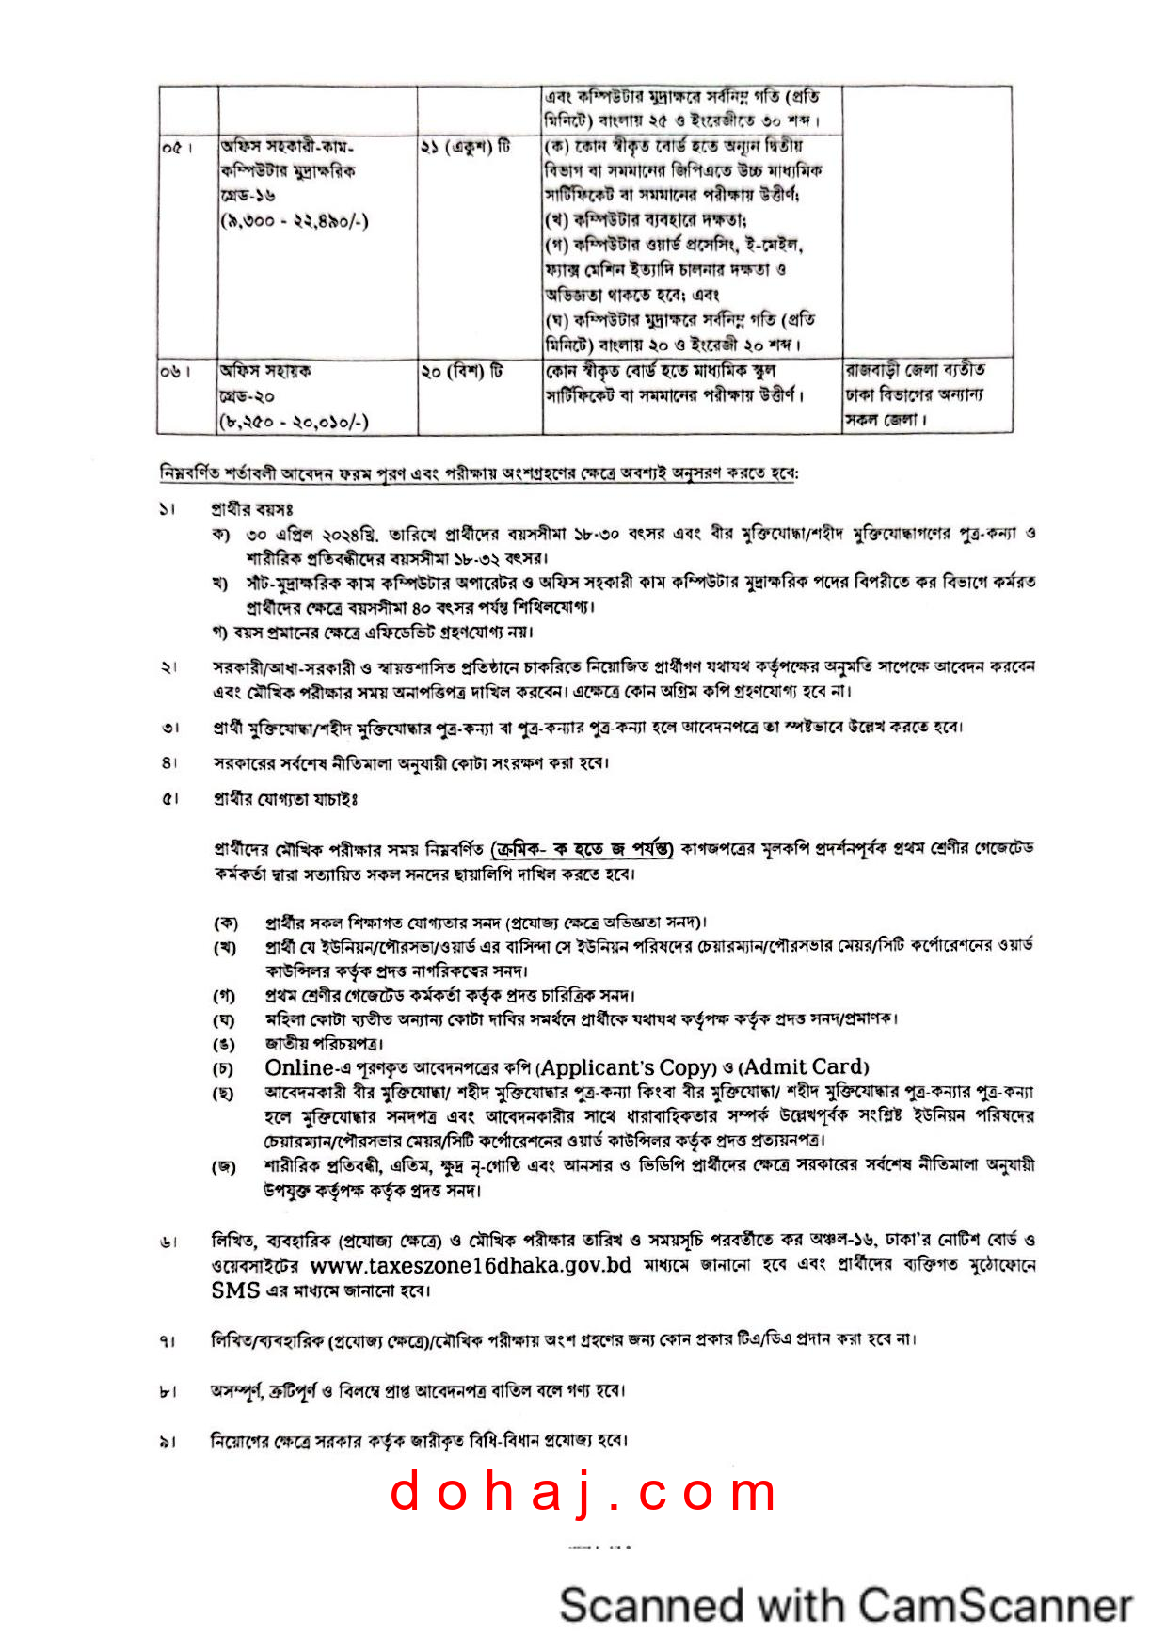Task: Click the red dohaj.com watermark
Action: coord(583,1493)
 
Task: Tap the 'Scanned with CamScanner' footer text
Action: coord(845,1604)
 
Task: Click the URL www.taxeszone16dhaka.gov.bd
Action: coord(471,1265)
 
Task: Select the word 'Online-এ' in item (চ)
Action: coord(299,1067)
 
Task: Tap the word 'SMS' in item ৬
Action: coord(235,1290)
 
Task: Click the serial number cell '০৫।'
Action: coord(176,148)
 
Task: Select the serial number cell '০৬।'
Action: coord(176,372)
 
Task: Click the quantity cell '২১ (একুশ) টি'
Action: coord(466,148)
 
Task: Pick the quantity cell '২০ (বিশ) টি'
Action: coord(462,372)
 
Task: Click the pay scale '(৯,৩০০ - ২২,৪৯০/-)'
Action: coord(295,221)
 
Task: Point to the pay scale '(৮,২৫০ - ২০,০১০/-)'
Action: coord(294,422)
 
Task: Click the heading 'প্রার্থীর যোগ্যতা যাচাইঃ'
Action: coord(285,799)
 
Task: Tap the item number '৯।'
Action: coord(168,1441)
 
